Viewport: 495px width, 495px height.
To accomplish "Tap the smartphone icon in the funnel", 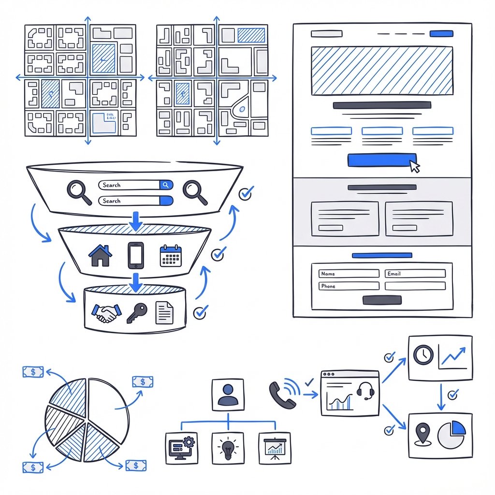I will [x=136, y=255].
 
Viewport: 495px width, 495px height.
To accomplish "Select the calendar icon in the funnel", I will [x=170, y=256].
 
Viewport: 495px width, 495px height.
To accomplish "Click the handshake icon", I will [x=106, y=313].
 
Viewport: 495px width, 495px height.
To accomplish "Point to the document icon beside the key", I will [x=164, y=313].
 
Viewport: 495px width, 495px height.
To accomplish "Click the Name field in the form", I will [x=349, y=274].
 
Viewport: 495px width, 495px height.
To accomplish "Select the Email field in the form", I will [x=415, y=274].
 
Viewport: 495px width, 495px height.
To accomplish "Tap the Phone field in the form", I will [x=349, y=286].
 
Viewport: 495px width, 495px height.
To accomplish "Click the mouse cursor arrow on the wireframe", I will [x=414, y=166].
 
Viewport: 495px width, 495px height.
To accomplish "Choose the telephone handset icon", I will [x=279, y=394].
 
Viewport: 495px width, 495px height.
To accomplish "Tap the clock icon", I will [x=423, y=355].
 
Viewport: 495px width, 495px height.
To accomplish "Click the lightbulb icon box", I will [x=228, y=448].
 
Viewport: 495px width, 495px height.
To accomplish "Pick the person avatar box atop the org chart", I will [x=228, y=394].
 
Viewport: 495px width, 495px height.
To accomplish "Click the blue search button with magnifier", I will [x=166, y=185].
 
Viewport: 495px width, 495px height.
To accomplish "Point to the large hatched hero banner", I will [x=382, y=71].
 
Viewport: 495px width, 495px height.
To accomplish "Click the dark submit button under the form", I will [x=381, y=300].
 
